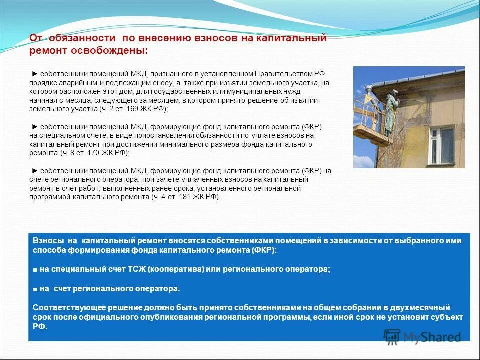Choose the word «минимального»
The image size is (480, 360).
[207, 144]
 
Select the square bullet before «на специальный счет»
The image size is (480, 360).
[36, 269]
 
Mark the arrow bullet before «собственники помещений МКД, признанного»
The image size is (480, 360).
[34, 74]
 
